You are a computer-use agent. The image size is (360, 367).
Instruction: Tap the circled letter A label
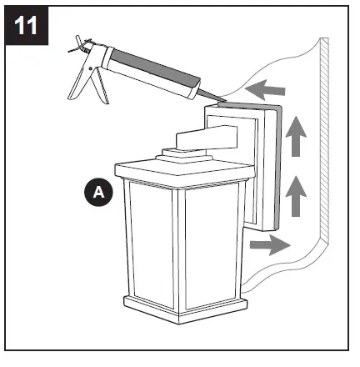(x=99, y=193)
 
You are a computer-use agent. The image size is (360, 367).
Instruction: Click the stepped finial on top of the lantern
(x=179, y=155)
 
